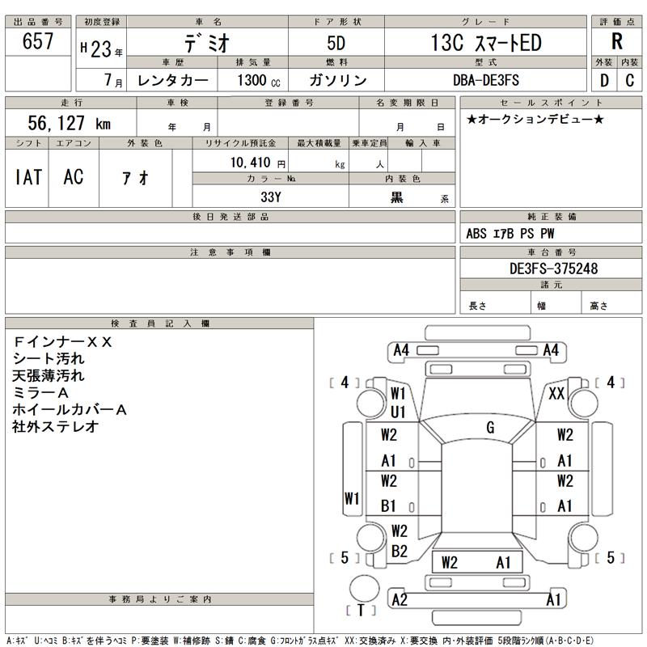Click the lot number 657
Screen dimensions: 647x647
pos(38,42)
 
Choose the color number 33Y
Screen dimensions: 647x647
pos(270,197)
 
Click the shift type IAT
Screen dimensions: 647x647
pos(28,177)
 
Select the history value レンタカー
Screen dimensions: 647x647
pos(173,80)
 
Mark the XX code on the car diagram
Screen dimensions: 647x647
pos(556,394)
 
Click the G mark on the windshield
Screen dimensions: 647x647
pos(490,427)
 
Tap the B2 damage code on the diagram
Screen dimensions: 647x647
pos(399,551)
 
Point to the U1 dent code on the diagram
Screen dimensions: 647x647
pos(398,412)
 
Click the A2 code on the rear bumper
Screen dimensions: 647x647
pos(399,599)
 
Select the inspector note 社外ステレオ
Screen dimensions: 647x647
pos(55,425)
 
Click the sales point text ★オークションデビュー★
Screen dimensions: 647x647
pos(535,120)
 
